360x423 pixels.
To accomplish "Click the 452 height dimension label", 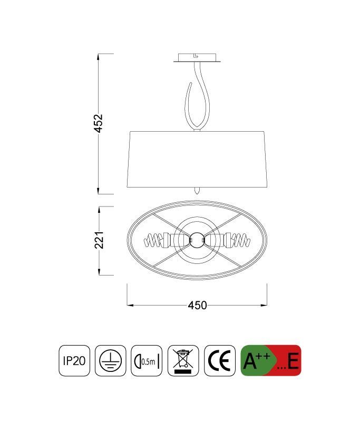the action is coord(98,123).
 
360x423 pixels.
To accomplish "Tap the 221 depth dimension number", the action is coord(99,240).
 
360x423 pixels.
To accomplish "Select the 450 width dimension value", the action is coord(197,306).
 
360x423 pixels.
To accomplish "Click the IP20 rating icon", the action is coord(74,361).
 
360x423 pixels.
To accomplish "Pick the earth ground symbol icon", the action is coord(110,361).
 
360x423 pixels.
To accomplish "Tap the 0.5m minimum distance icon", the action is coord(147,361).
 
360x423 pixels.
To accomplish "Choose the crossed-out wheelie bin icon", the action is coord(183,361).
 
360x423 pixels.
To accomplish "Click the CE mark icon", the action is coord(220,361).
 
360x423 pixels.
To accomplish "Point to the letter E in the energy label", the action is coord(293,361).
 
